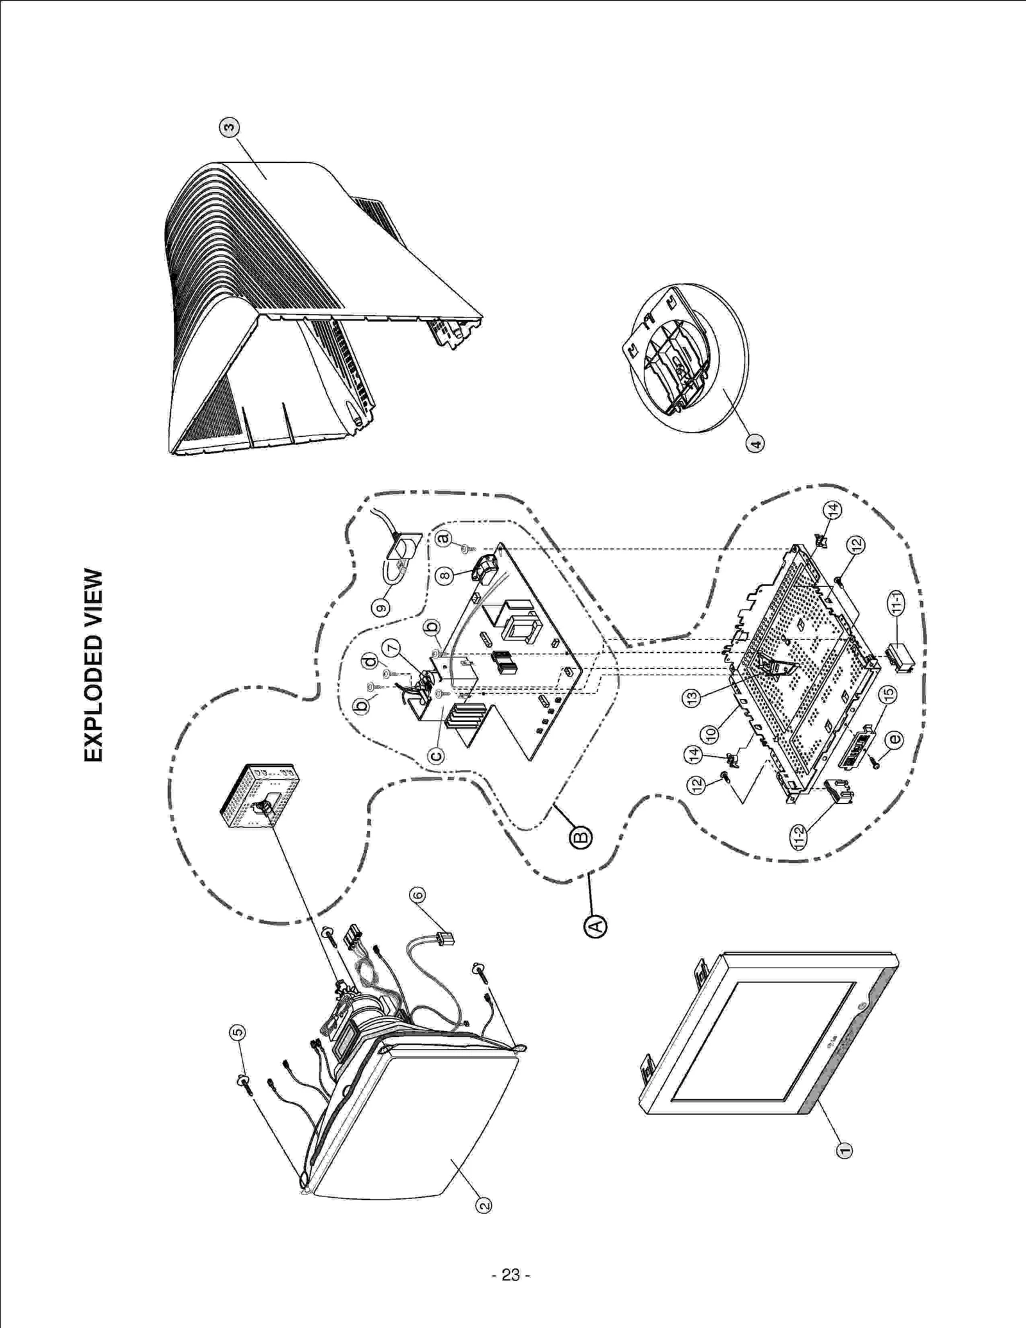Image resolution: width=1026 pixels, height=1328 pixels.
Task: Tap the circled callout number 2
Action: point(484,1206)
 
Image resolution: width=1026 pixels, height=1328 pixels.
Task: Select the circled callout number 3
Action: point(230,127)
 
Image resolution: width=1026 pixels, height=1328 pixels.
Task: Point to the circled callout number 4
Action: point(755,443)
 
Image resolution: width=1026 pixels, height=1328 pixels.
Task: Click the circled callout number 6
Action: point(417,895)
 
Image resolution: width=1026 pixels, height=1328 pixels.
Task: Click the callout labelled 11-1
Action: point(896,602)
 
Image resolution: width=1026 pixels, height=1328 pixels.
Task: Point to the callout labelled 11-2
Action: point(799,836)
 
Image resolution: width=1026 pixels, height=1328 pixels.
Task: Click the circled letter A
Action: point(596,926)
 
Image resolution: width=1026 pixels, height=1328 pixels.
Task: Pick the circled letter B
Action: point(581,837)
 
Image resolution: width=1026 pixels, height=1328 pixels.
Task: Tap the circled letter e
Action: point(894,739)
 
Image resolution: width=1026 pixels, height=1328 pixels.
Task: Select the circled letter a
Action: point(443,539)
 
